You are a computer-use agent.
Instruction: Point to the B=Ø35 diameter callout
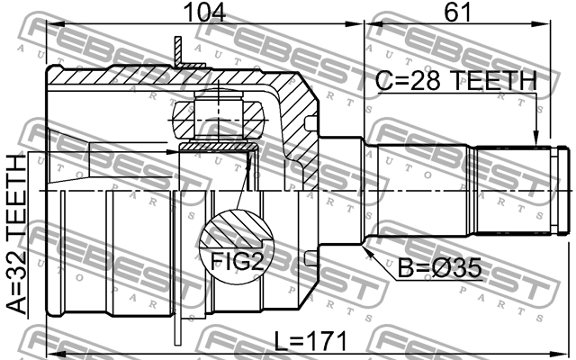pyautogui.click(x=440, y=267)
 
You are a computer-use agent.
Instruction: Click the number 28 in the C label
pyautogui.click(x=439, y=82)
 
